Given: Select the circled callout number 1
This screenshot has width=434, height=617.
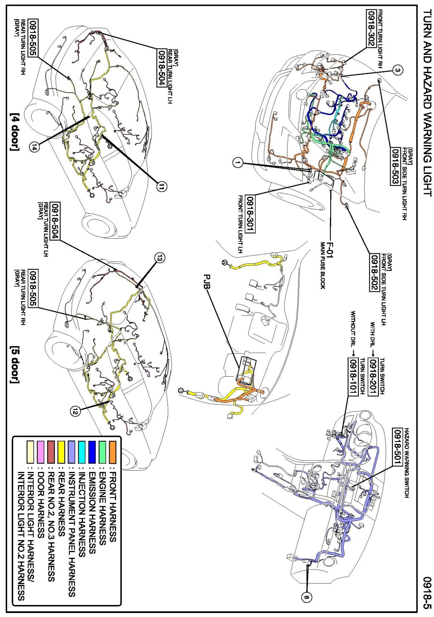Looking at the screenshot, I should (x=237, y=162).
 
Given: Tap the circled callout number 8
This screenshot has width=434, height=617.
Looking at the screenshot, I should (x=306, y=598).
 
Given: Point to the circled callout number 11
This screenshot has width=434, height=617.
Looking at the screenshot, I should (x=161, y=186).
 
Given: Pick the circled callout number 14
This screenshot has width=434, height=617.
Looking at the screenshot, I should (x=35, y=148).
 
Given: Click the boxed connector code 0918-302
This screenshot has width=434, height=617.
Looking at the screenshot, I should (x=371, y=28).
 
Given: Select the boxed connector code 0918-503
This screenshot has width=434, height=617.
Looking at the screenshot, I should (x=395, y=166).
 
